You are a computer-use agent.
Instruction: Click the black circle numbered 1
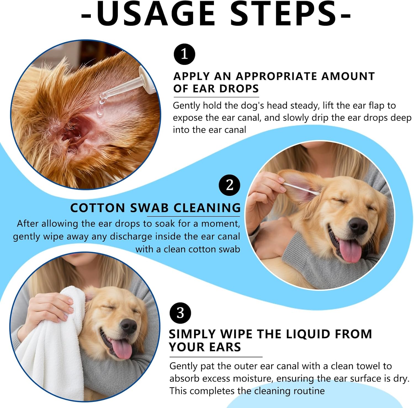[x=184, y=54]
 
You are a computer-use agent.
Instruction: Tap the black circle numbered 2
[x=230, y=185]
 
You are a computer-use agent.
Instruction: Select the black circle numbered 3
[x=180, y=313]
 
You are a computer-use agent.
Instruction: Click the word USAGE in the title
[x=156, y=14]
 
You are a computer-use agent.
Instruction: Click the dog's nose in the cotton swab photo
[x=358, y=225]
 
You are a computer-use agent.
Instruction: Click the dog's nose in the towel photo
[x=129, y=326]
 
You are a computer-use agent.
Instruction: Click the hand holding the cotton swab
[x=265, y=193]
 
